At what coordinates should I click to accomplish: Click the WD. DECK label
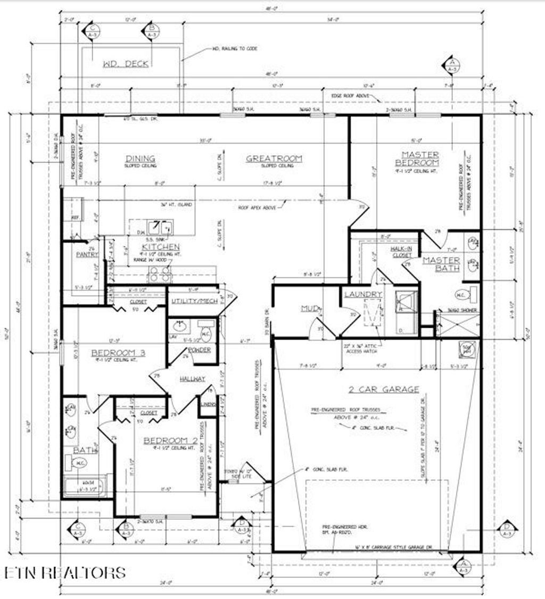pos(126,64)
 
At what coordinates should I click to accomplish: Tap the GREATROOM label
pos(274,159)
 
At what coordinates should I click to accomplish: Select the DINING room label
pos(140,159)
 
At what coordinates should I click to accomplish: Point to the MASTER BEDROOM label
pos(420,159)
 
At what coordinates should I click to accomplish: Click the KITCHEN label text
pos(160,247)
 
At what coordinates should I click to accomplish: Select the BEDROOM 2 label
pos(167,440)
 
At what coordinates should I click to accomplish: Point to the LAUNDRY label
pos(363,294)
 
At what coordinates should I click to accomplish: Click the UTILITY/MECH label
pos(194,301)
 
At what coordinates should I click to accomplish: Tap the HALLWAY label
pos(192,378)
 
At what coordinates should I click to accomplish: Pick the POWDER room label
pos(199,350)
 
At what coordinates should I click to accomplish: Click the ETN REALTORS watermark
pos(65,572)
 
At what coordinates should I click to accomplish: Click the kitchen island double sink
pos(160,228)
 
